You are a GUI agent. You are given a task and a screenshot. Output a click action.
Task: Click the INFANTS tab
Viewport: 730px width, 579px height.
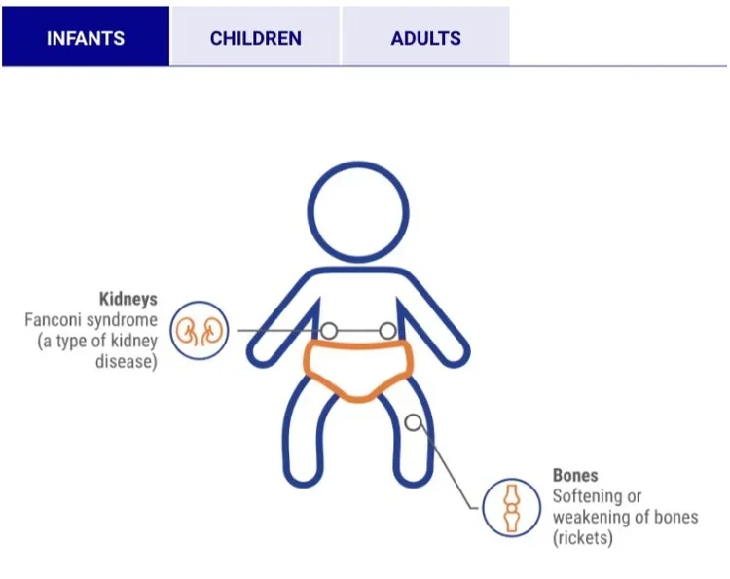tap(86, 39)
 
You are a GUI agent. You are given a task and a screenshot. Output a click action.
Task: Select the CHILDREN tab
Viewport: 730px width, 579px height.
tap(255, 39)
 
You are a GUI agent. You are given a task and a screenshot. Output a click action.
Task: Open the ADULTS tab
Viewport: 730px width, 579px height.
tap(425, 39)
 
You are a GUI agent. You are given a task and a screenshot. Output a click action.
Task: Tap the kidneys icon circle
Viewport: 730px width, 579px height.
tap(200, 331)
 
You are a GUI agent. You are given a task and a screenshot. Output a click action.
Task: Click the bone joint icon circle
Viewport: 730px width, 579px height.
tap(511, 507)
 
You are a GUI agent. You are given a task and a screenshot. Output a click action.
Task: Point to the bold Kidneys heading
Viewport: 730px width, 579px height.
tap(128, 299)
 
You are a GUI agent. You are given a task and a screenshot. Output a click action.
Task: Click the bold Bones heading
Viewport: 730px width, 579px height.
tap(575, 476)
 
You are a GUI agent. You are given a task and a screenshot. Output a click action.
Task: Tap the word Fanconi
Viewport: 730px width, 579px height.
tap(55, 319)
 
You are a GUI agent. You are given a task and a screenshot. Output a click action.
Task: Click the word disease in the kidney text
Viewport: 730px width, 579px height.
tap(128, 362)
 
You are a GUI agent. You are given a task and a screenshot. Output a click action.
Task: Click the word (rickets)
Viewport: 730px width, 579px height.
tap(582, 537)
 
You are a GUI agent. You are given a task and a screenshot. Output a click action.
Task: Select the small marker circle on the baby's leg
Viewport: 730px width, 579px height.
tap(414, 422)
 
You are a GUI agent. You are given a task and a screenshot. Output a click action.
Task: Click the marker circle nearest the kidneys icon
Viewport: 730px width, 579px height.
tap(330, 331)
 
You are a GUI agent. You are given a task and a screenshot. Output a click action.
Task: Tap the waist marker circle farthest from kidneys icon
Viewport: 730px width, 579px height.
tap(387, 331)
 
